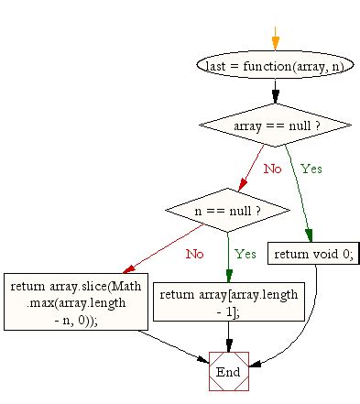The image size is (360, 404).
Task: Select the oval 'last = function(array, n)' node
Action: click(275, 66)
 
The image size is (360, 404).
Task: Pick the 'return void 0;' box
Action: click(311, 253)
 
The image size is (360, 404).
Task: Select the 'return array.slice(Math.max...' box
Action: click(75, 301)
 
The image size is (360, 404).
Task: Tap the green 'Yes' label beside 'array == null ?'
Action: click(311, 169)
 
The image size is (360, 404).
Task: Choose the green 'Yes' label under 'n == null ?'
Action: click(245, 254)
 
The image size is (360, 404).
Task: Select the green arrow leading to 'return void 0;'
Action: click(299, 188)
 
